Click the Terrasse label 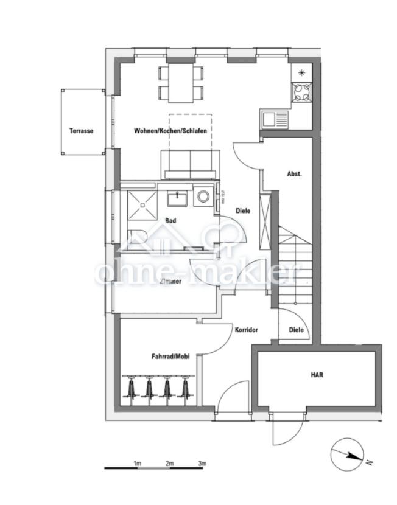(x=81, y=131)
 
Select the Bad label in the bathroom (x=171, y=221)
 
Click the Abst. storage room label (x=295, y=173)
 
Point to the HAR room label (x=317, y=375)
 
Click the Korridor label (x=246, y=330)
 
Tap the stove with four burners (x=301, y=93)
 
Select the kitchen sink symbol (x=275, y=118)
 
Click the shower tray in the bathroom (x=142, y=206)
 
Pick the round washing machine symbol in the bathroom (x=203, y=198)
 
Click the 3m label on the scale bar (x=202, y=464)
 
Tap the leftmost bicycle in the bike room (x=130, y=389)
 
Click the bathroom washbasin (x=178, y=198)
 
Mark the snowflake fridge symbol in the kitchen (x=301, y=72)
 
